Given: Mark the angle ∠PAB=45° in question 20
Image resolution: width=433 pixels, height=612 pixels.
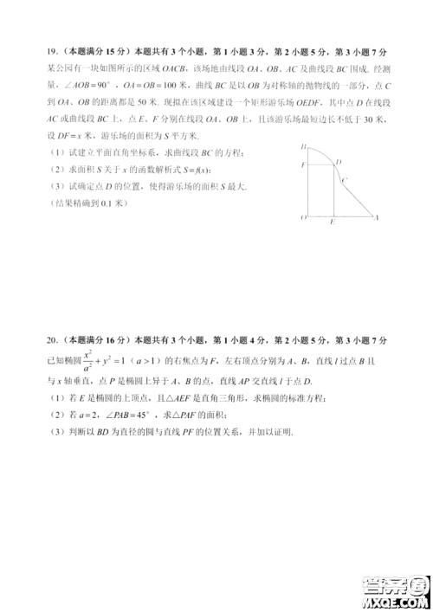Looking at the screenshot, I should click(130, 414).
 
